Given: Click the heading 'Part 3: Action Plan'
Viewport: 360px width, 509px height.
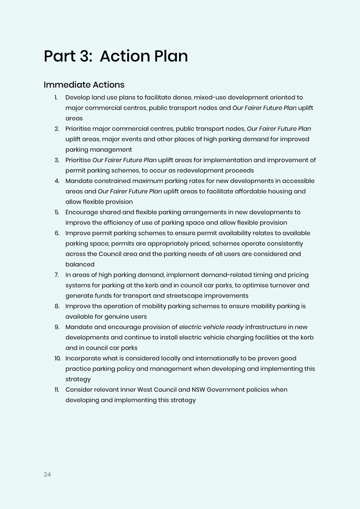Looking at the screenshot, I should coord(116,56).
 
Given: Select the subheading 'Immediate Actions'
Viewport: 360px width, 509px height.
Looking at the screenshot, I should coord(84,85).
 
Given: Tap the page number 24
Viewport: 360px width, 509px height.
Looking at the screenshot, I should coord(47,475).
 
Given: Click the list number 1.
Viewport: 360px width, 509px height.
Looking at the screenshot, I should coord(56,97).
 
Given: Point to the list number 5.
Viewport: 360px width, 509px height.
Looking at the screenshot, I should coord(57,212).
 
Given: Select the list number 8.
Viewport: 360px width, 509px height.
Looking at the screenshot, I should coord(57,306).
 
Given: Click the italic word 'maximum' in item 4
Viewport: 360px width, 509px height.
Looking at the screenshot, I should coord(147,181).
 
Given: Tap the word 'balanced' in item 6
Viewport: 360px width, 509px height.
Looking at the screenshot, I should coord(80,264).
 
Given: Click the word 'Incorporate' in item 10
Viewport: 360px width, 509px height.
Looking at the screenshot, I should coord(84,358).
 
